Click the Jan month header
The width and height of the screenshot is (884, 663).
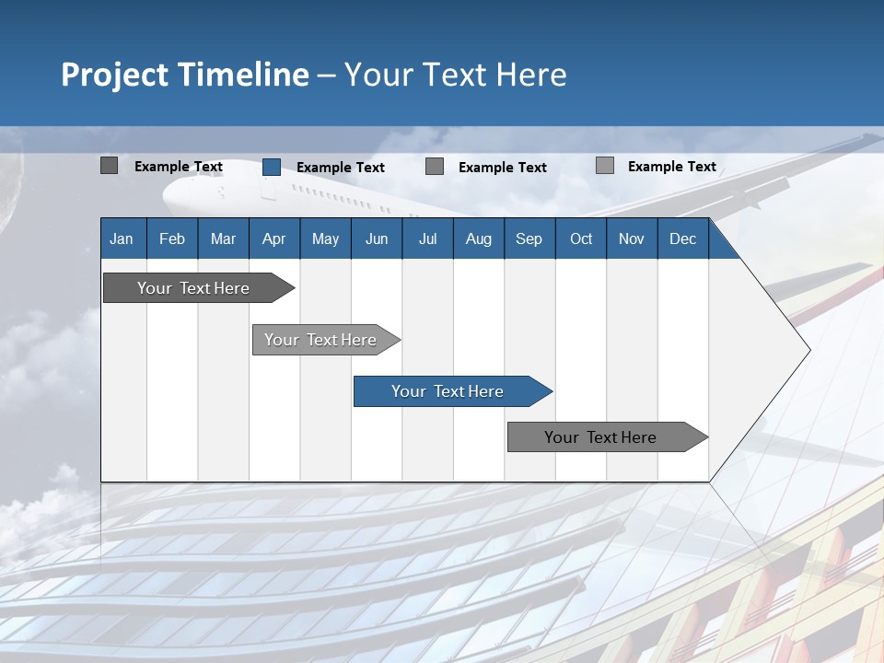pos(122,238)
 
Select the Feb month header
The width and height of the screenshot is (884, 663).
pos(172,238)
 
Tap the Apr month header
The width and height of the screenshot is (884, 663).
pos(273,238)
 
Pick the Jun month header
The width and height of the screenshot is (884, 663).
pos(377,238)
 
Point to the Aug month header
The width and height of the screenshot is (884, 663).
pos(478,238)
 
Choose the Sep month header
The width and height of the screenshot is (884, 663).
pos(529,238)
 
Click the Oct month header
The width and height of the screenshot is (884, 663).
pos(581,238)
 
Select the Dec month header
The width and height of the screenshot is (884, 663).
pos(682,238)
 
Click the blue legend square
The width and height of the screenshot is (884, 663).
pos(272,167)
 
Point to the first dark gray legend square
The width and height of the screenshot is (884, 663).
pos(109,166)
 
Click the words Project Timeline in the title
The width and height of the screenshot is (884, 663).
pos(185,75)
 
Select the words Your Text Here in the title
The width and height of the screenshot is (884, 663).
pos(456,75)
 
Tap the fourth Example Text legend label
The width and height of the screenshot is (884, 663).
pos(671,167)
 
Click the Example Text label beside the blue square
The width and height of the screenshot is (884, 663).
pos(341,168)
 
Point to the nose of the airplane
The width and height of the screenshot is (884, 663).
pos(167,195)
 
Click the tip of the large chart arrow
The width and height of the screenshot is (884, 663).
pos(808,350)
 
